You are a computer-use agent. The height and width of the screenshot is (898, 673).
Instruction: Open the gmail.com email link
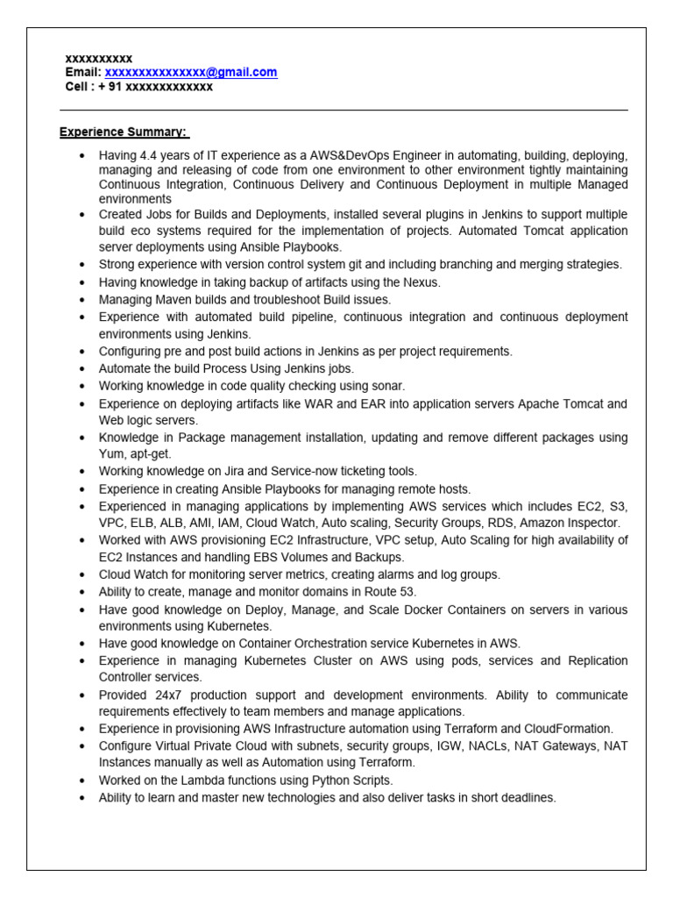[x=191, y=73]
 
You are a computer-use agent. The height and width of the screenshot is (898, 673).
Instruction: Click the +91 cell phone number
[x=155, y=87]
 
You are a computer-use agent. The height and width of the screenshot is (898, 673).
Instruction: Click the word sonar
[x=388, y=386]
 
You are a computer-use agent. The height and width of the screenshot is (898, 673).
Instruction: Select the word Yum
[x=111, y=454]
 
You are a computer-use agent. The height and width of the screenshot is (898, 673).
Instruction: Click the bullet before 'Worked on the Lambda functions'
[x=81, y=780]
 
